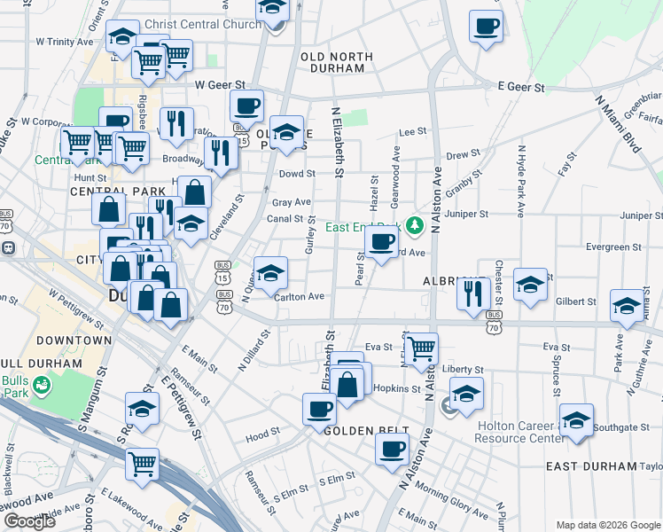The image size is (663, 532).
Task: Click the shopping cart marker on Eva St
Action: point(422,346)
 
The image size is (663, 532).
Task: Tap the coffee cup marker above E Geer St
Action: point(484,27)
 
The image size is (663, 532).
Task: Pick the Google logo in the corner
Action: point(29,521)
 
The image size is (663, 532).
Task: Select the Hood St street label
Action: point(262,436)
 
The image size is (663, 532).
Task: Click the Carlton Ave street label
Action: point(299,297)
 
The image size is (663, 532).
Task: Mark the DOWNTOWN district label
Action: point(74,340)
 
